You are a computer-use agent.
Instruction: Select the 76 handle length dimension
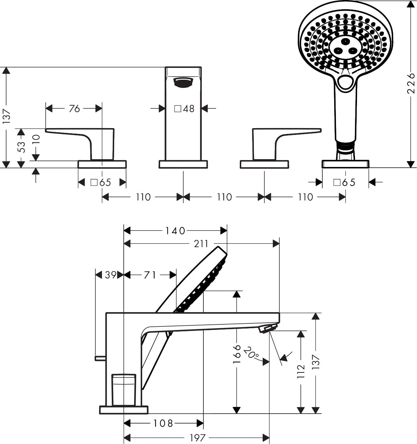[x=74, y=109]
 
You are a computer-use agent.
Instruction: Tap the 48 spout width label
[x=184, y=109]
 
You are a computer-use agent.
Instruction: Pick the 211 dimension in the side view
[x=201, y=244]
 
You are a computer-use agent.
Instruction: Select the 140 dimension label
[x=175, y=231]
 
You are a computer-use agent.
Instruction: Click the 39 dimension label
[x=111, y=275]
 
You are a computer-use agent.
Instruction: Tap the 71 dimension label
[x=150, y=275]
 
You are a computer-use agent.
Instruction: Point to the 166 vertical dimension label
[x=237, y=354]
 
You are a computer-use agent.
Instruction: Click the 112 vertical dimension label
[x=301, y=371]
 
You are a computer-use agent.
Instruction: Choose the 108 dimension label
[x=163, y=423]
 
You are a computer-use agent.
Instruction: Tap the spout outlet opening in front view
[x=183, y=82]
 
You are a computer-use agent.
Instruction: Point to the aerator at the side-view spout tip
[x=267, y=328]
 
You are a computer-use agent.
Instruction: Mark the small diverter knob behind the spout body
[x=100, y=358]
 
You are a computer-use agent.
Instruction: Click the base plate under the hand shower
[x=345, y=164]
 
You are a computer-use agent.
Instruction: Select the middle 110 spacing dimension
[x=224, y=197]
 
